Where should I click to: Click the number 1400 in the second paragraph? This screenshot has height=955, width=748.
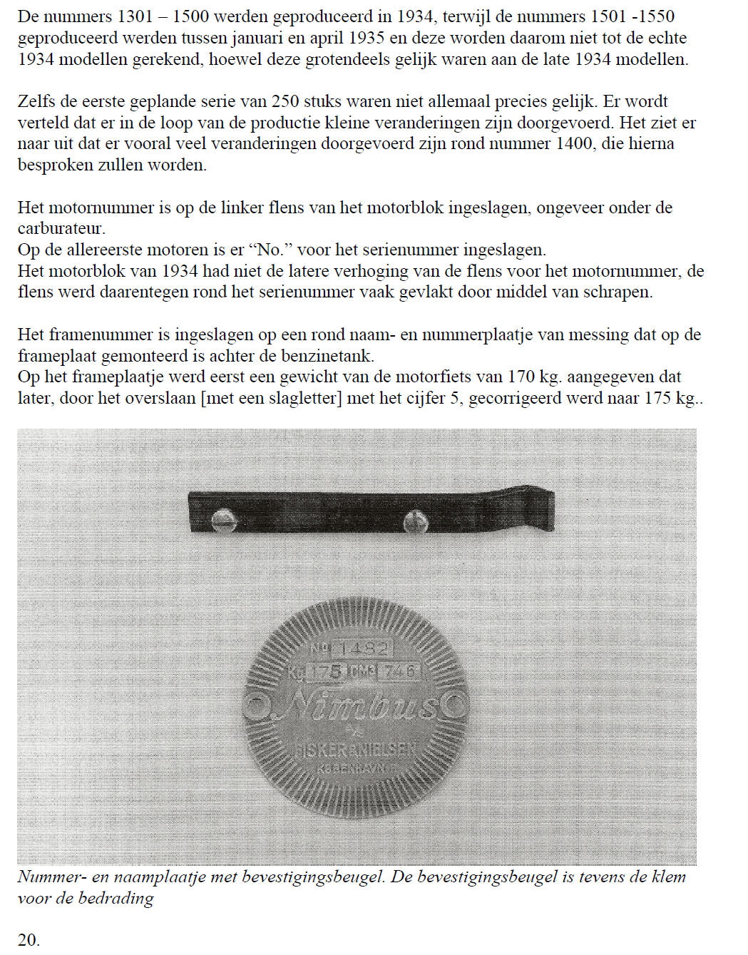(x=572, y=143)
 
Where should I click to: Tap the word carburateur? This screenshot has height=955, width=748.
(x=61, y=229)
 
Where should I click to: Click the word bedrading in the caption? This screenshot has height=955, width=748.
(x=116, y=899)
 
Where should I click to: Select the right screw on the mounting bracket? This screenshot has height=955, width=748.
(x=415, y=522)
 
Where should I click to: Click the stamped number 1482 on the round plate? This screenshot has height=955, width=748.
(x=363, y=649)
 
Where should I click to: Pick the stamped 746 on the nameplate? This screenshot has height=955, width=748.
(x=399, y=672)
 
